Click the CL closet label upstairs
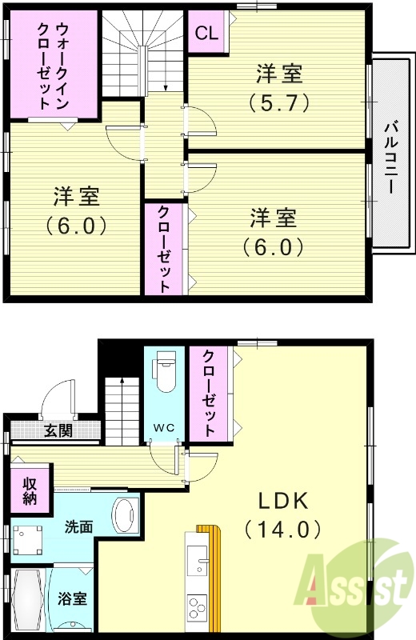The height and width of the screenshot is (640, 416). click(206, 34)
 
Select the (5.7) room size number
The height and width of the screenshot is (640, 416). click(279, 103)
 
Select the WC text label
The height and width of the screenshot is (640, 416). click(165, 426)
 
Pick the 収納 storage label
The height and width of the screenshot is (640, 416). click(29, 492)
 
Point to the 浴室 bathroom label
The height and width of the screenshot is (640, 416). click(71, 598)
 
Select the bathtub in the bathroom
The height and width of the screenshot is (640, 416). click(29, 599)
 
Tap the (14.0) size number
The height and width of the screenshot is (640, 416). click(283, 529)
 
